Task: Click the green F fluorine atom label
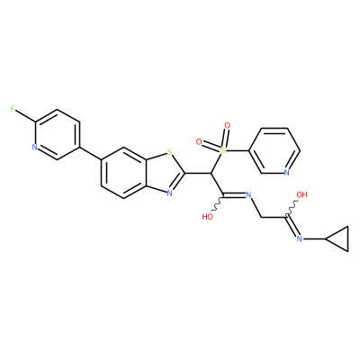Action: [13, 109]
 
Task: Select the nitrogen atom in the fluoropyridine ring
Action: [34, 148]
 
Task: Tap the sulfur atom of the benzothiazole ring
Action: [170, 153]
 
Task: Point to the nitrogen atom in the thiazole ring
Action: [170, 193]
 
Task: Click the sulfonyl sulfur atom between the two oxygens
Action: [222, 150]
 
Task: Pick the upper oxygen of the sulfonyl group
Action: [228, 125]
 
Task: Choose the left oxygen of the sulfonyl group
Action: [198, 141]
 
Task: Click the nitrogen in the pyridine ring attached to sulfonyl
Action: [286, 173]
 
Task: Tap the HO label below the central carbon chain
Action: [208, 217]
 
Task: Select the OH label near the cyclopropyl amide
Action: [302, 194]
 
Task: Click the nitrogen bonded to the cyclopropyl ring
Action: [299, 238]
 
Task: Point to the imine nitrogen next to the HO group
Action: [248, 194]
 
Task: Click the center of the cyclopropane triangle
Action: [340, 238]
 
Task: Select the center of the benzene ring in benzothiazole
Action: [123, 173]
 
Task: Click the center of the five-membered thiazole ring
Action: [164, 173]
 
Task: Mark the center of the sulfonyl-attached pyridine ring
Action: [274, 150]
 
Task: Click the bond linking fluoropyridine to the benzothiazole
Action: [90, 154]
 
